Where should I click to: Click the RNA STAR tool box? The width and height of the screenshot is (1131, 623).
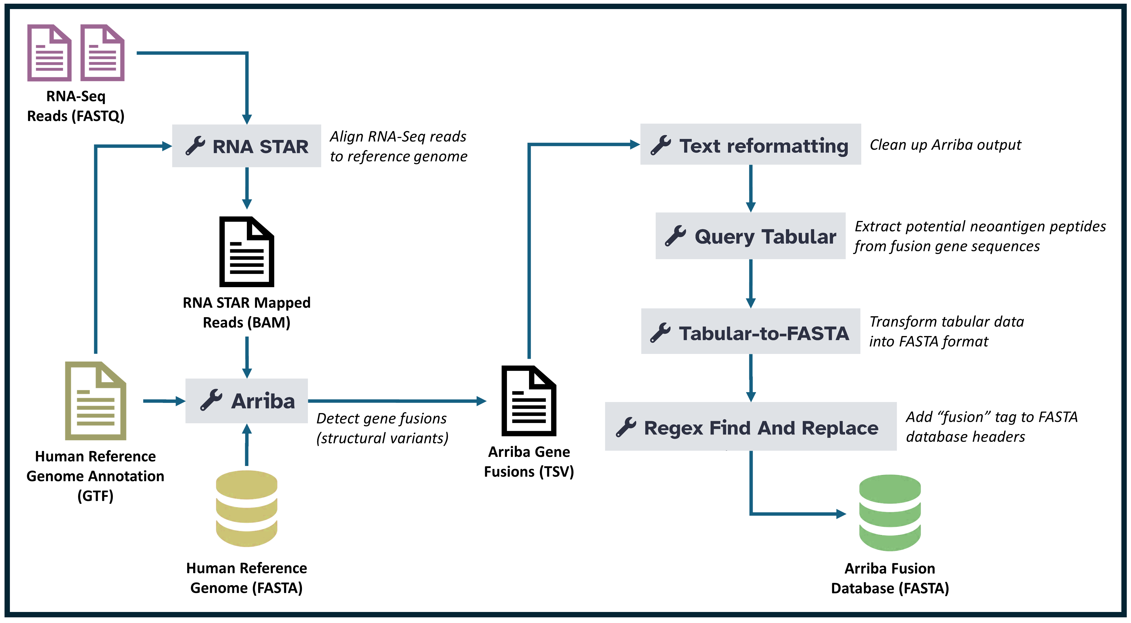pos(246,146)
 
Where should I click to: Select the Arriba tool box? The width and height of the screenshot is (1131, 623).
pos(246,401)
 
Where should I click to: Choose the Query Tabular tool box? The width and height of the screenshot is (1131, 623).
pos(750,236)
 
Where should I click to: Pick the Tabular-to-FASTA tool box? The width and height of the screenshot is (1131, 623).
pos(750,331)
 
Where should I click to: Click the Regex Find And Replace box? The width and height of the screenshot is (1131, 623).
pos(750,426)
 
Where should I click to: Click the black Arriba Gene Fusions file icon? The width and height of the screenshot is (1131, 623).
pos(529,401)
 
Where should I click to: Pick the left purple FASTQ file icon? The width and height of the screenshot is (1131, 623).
pos(49,53)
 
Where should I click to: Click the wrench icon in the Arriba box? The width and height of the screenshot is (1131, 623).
pos(211,400)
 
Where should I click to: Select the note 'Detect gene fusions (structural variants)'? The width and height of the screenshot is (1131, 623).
pos(382,428)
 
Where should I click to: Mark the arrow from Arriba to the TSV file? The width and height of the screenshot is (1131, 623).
pos(397,401)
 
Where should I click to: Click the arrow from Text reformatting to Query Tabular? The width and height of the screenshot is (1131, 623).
pos(751,188)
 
